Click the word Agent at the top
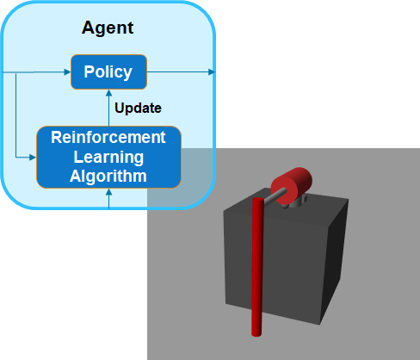(108, 28)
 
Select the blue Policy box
(108, 71)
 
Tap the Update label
(138, 109)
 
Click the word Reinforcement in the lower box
(108, 137)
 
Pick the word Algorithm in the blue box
(108, 176)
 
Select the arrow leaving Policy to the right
(181, 71)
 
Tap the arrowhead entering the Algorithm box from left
(32, 157)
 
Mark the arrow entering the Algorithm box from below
(108, 197)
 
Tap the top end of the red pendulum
(256, 202)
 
